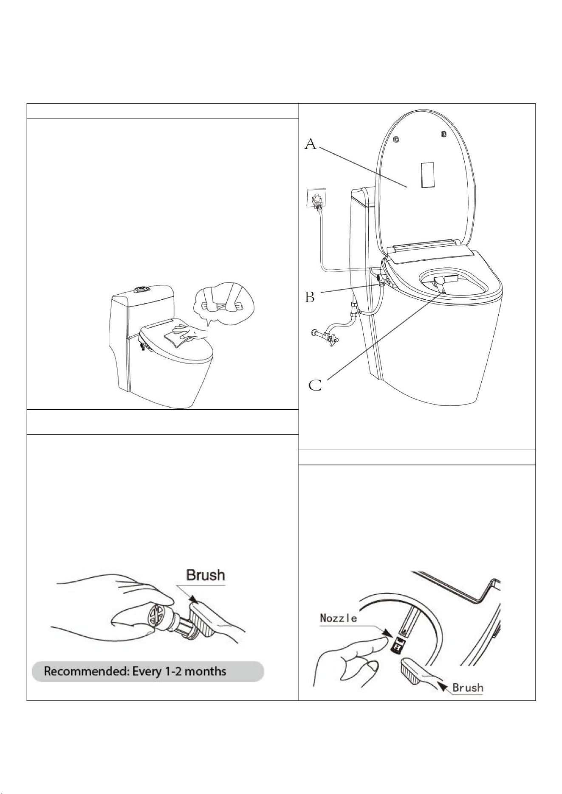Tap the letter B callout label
310,296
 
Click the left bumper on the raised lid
396,139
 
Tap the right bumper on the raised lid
444,134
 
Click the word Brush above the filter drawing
206,575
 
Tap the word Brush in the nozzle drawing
468,687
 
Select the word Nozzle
338,618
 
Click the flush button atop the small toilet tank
140,290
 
